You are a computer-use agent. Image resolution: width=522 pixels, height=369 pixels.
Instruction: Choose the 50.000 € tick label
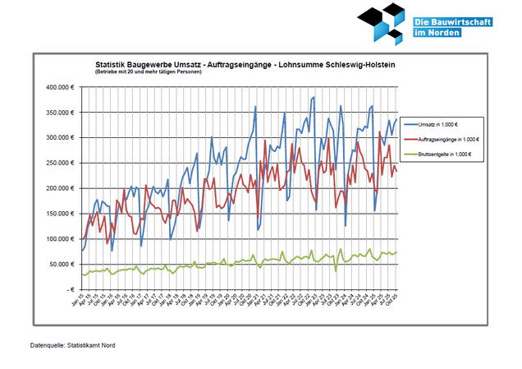(x=64, y=265)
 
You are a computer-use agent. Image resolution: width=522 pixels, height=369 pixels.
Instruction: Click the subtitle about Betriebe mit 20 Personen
(x=147, y=71)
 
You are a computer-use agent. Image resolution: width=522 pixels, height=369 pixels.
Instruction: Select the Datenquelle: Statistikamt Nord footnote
(x=72, y=345)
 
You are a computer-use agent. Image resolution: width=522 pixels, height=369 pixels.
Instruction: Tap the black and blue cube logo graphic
(x=382, y=23)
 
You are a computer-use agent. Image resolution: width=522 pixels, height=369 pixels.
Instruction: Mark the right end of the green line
(x=398, y=252)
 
